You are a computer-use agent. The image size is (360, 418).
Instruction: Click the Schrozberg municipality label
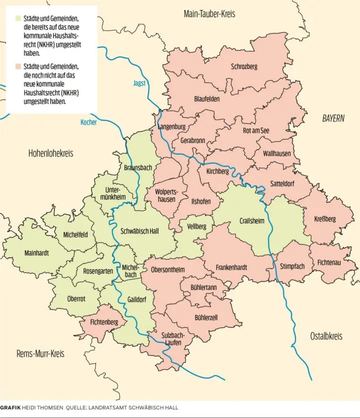(244, 67)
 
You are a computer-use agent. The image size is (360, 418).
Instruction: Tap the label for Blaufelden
(207, 99)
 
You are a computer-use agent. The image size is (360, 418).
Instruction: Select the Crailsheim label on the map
(251, 221)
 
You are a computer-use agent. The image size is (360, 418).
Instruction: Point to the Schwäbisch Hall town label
(140, 231)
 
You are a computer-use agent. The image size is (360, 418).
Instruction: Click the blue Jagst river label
(139, 83)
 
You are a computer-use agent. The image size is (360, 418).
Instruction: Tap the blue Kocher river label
(88, 122)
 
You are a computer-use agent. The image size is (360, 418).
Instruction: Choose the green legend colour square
(18, 19)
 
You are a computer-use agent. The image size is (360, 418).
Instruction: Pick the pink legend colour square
(18, 66)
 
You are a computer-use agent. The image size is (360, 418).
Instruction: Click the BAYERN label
(333, 119)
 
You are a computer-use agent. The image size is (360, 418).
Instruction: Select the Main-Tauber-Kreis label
(209, 14)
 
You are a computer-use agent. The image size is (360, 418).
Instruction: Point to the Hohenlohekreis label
(50, 153)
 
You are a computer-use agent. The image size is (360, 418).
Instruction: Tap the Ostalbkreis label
(326, 336)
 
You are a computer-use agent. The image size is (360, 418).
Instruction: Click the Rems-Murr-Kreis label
(40, 353)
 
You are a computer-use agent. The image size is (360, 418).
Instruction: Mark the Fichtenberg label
(104, 322)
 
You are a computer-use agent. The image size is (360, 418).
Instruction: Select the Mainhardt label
(36, 253)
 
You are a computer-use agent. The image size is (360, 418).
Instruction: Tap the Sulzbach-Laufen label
(173, 338)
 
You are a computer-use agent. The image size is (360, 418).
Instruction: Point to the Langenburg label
(171, 127)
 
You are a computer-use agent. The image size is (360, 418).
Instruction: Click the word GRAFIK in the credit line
(10, 407)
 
